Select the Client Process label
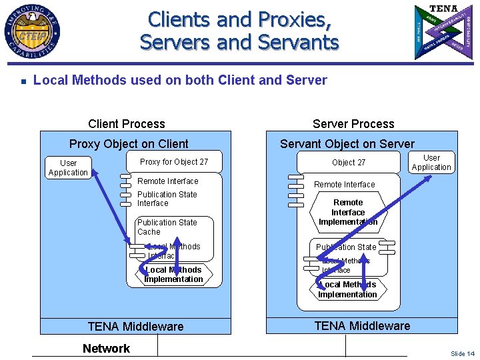[127, 124]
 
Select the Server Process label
[353, 124]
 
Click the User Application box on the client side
[68, 168]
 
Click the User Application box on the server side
[431, 163]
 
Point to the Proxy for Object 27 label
[174, 162]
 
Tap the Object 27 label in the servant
[349, 163]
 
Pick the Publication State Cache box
[175, 227]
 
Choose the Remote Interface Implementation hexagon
[348, 212]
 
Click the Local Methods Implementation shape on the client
[174, 275]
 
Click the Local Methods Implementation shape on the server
[347, 290]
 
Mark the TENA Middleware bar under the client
[135, 327]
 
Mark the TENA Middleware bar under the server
[362, 326]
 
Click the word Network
[106, 349]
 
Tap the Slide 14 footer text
[462, 354]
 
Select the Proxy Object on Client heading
[129, 144]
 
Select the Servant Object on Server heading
[347, 144]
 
